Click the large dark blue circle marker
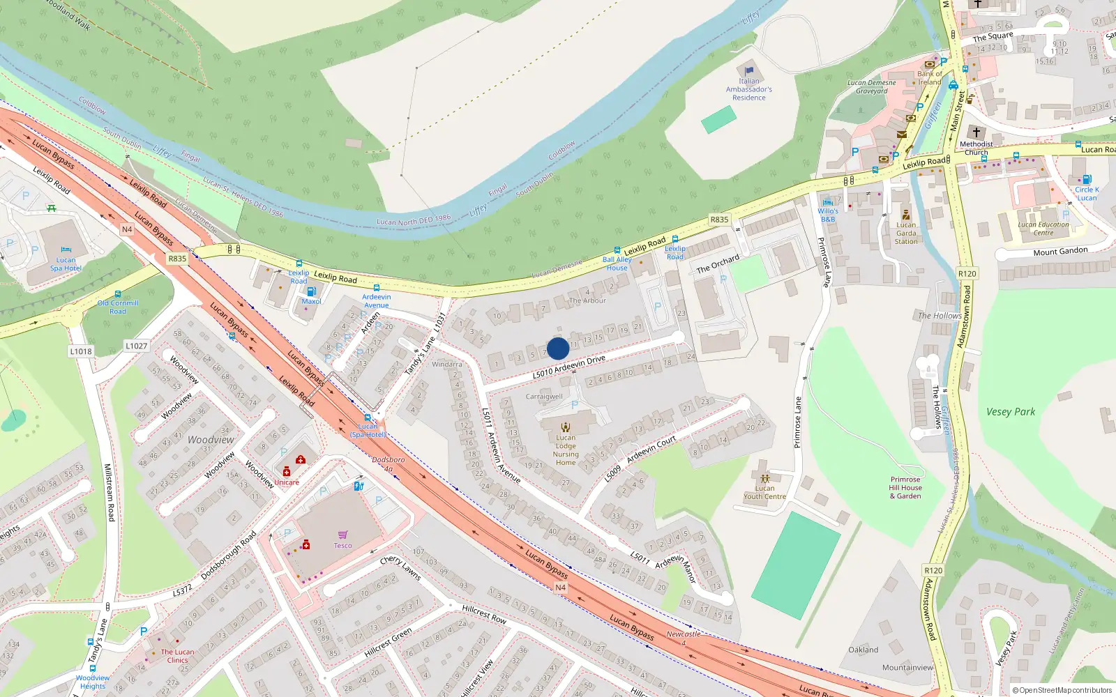558,348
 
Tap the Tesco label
342,546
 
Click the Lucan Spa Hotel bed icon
66,250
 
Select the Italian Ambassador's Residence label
749,89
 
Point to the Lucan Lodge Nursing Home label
566,450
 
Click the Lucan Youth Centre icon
765,478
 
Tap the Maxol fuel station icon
311,291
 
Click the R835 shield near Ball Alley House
719,220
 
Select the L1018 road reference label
81,351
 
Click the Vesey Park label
1011,412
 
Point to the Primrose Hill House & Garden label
905,488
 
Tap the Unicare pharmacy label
287,482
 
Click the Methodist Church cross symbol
976,132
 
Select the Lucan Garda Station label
906,233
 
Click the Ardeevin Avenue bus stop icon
377,288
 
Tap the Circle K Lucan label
1087,194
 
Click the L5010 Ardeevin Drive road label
568,367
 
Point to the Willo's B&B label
828,215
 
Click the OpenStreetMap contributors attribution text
1062,690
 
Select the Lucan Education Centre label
1043,229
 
